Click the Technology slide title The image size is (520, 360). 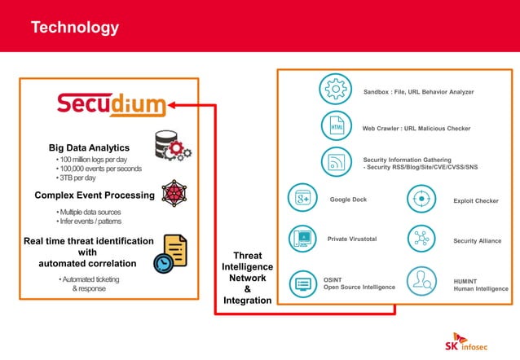74,28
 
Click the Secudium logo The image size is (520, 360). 111,104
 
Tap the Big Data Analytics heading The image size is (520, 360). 89,147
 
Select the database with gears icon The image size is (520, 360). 172,146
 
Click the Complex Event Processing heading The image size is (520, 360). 95,195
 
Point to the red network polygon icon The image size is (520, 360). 174,194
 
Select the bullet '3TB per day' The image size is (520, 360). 76,178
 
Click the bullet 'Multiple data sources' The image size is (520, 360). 90,212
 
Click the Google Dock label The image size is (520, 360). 347,199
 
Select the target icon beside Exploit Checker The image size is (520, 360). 421,199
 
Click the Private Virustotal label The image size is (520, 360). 352,239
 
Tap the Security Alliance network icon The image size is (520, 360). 421,239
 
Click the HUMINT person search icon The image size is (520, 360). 421,282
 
